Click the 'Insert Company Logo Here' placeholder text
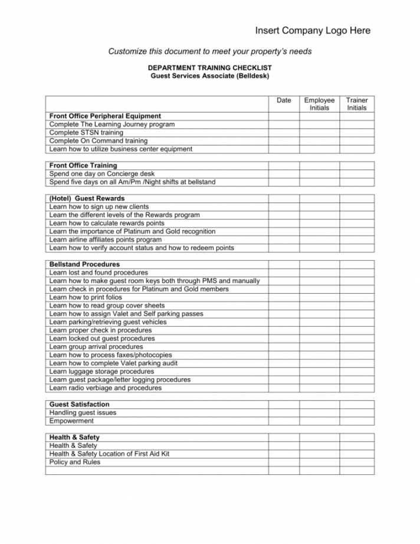[x=313, y=31]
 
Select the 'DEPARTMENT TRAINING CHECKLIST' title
[x=209, y=68]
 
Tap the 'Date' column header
[x=284, y=100]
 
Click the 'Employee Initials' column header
[x=319, y=104]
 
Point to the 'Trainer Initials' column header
[x=356, y=104]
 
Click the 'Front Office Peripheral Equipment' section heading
[x=105, y=116]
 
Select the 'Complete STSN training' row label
[x=86, y=133]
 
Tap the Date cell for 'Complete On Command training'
[x=284, y=141]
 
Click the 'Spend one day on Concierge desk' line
[x=102, y=174]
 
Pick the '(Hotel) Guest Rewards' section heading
[x=87, y=199]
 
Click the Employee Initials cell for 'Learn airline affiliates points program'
[x=319, y=240]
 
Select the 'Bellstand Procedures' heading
[x=84, y=265]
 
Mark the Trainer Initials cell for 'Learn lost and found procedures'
[x=356, y=273]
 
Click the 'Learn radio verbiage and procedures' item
[x=105, y=389]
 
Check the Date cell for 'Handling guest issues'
[x=284, y=413]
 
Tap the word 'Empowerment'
[x=71, y=421]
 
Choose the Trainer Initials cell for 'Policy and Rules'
[x=356, y=463]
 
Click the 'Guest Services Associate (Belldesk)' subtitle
[x=209, y=77]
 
